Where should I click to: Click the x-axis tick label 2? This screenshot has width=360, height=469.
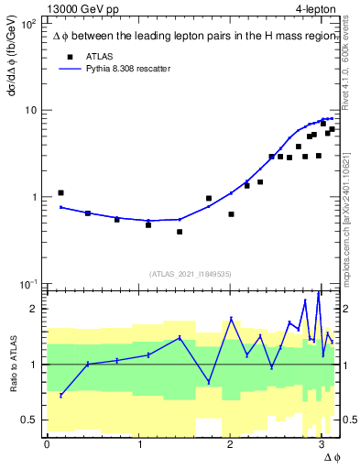pyautogui.click(x=229, y=444)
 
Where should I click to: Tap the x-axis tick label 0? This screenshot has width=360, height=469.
pyautogui.click(x=47, y=444)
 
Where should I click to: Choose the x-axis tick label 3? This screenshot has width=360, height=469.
pyautogui.click(x=321, y=444)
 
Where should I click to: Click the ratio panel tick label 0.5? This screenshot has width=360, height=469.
pyautogui.click(x=29, y=420)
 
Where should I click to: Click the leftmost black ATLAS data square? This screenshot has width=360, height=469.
pyautogui.click(x=60, y=193)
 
